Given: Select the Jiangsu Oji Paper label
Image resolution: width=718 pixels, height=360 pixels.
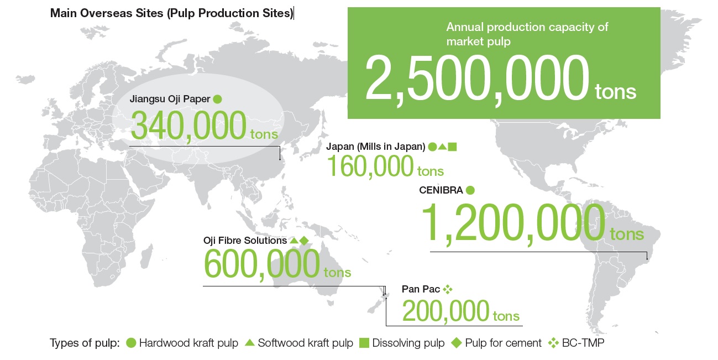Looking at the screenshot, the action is pyautogui.click(x=170, y=99).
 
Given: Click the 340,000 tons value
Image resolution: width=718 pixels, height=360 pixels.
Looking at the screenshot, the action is pyautogui.click(x=204, y=126).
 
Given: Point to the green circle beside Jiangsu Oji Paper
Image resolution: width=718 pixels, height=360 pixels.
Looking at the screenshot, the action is pyautogui.click(x=217, y=100).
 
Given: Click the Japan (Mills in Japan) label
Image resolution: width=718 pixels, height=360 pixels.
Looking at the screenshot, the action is pyautogui.click(x=376, y=147).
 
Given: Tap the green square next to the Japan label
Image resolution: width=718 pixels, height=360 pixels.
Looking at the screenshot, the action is pyautogui.click(x=452, y=147).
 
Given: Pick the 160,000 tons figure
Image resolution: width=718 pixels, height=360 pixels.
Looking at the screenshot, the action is pyautogui.click(x=385, y=166).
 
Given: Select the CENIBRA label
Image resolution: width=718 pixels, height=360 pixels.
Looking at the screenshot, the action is pyautogui.click(x=441, y=190).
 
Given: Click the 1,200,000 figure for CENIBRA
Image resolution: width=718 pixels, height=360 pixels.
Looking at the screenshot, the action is pyautogui.click(x=513, y=223).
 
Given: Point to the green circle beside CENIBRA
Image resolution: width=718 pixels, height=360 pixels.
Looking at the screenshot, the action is pyautogui.click(x=470, y=190).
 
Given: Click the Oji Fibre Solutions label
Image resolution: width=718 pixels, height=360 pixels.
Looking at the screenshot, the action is pyautogui.click(x=245, y=241).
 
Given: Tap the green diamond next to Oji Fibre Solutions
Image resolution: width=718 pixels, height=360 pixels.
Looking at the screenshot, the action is pyautogui.click(x=304, y=241).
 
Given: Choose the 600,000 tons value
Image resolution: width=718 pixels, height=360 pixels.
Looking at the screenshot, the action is pyautogui.click(x=277, y=264).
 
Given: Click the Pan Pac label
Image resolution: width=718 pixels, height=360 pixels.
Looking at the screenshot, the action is pyautogui.click(x=421, y=289).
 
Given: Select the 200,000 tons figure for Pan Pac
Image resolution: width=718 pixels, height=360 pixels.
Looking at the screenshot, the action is pyautogui.click(x=460, y=311).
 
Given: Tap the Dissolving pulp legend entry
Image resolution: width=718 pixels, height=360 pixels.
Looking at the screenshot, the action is pyautogui.click(x=402, y=343).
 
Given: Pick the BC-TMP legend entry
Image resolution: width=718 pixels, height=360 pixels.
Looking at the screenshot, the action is pyautogui.click(x=576, y=343).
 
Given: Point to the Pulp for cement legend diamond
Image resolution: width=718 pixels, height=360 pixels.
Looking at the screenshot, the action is pyautogui.click(x=456, y=343).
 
